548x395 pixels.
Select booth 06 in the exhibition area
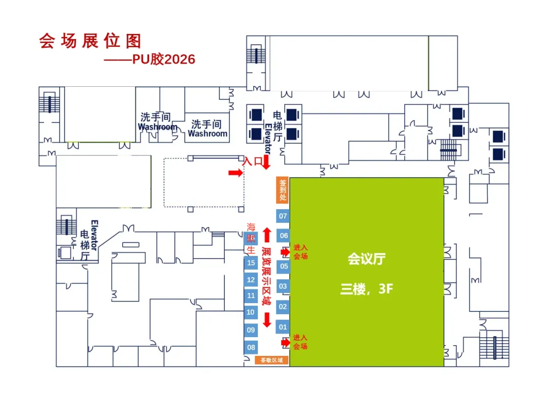pos(283,236)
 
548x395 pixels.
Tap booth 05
pos(283,266)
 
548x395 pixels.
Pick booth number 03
pos(283,286)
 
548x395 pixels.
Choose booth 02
pos(283,307)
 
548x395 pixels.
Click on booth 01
pos(283,327)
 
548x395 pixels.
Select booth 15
pos(251,262)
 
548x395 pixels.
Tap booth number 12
pos(251,280)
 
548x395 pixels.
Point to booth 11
pos(251,295)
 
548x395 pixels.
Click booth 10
pos(251,312)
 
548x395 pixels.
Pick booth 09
pos(251,330)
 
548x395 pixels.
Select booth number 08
pos(251,348)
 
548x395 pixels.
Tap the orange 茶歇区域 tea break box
pos(272,360)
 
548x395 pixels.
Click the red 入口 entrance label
pos(253,162)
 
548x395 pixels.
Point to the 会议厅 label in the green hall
pos(366,259)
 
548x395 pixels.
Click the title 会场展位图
pos(90,41)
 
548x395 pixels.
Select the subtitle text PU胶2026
pos(163,59)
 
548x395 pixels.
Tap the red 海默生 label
pos(251,238)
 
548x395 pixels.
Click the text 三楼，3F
pos(367,290)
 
